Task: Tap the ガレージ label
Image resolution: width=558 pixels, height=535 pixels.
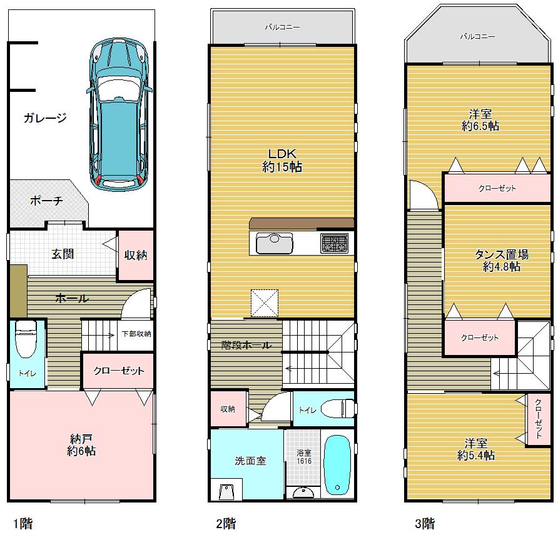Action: (45, 117)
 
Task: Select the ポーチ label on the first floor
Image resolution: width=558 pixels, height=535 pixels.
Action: (46, 201)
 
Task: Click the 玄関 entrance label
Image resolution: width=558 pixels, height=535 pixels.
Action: (63, 254)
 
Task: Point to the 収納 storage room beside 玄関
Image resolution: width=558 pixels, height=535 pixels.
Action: (136, 255)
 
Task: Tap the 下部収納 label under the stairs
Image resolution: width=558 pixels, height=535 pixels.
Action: (136, 334)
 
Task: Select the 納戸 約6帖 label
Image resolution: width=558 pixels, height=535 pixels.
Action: (81, 444)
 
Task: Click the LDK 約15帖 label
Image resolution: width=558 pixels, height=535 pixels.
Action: (282, 161)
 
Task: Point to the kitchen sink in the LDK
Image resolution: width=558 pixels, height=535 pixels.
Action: (274, 242)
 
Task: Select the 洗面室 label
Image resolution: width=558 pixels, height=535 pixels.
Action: (250, 461)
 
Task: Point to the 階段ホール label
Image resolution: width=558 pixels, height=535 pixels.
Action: (246, 345)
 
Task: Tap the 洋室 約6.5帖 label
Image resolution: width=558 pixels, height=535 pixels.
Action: (480, 119)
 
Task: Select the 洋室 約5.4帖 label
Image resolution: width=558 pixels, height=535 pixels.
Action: (476, 449)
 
